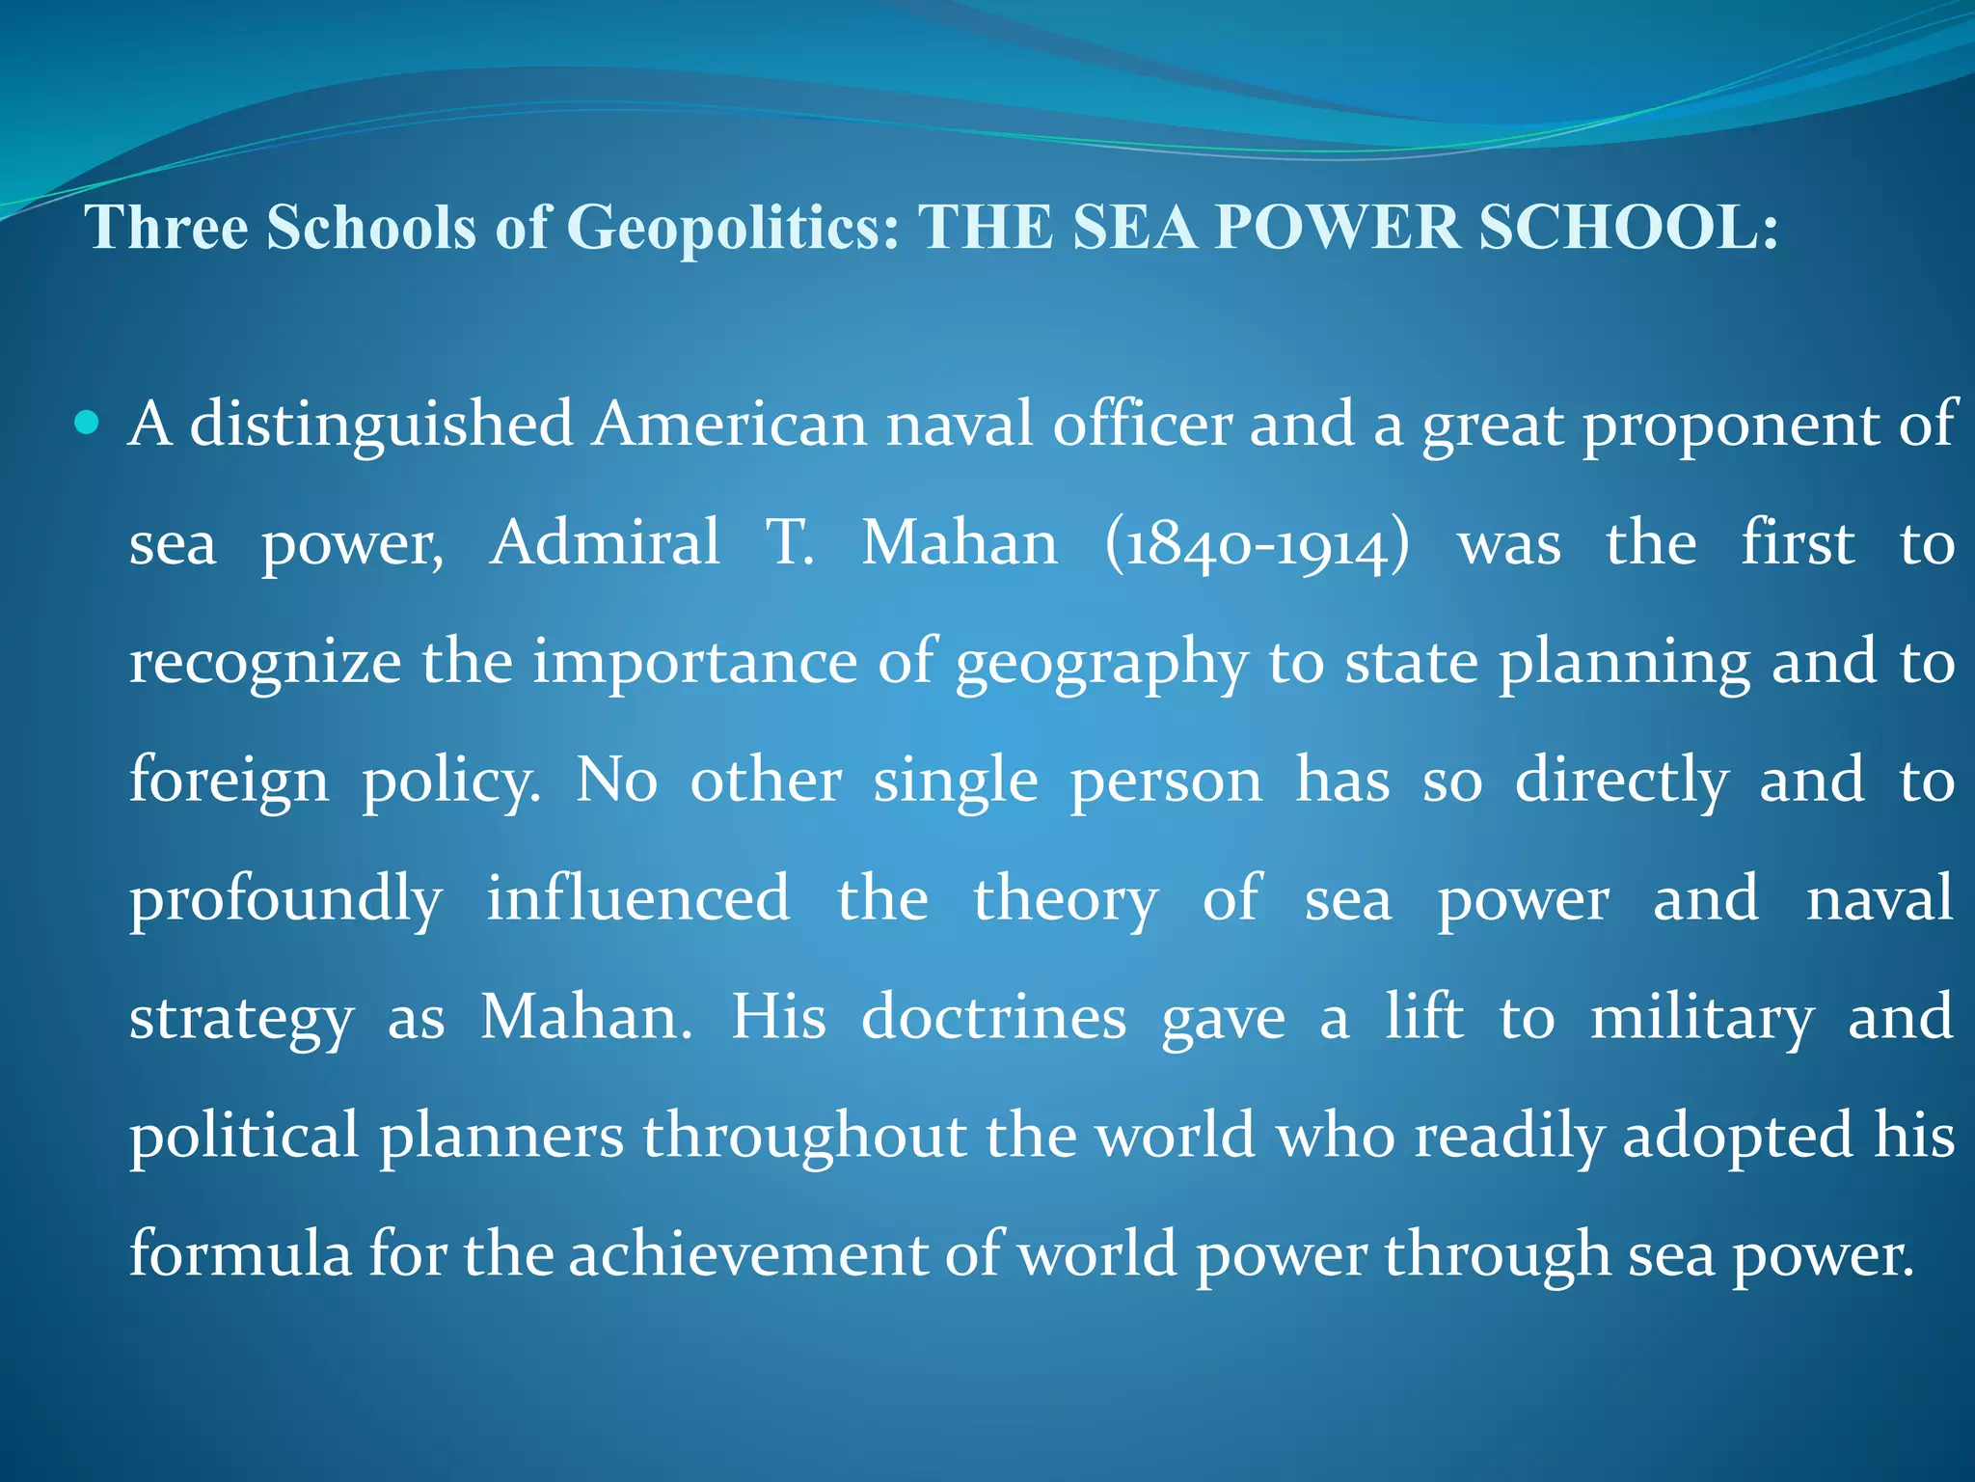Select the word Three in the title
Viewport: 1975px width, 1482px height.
[167, 228]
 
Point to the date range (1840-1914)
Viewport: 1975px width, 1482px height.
[1257, 544]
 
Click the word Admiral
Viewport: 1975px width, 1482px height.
[605, 542]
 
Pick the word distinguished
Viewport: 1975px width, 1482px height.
[382, 425]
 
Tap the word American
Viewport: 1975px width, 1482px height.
[730, 425]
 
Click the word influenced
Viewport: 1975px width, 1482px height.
[637, 899]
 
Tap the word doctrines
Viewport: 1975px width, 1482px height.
[993, 1018]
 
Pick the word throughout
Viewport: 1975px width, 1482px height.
[805, 1137]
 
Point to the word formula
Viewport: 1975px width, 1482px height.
[240, 1255]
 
